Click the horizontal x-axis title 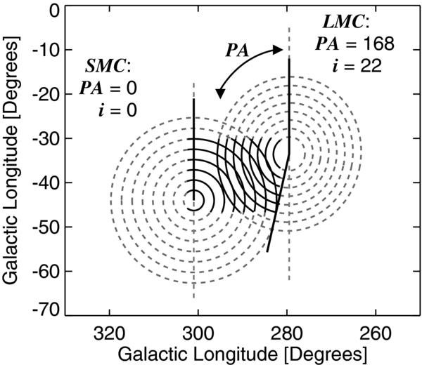click(242, 350)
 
